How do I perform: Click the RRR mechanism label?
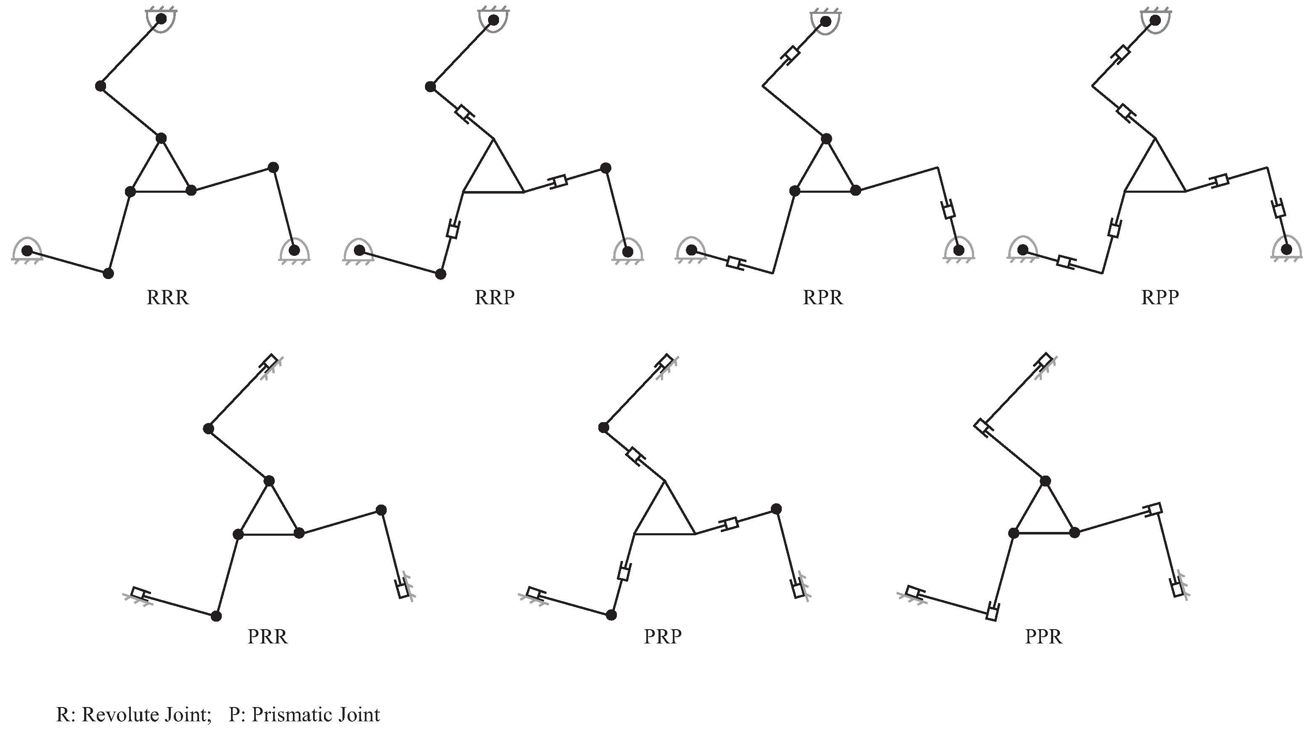168,298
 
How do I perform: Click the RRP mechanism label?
494,298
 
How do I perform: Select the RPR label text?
823,298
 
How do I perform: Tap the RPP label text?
1160,298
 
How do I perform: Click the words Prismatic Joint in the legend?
316,715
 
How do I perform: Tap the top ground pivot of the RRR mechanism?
161,19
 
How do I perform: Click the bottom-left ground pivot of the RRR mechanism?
27,251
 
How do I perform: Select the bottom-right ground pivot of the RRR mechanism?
294,251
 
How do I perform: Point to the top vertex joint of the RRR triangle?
161,138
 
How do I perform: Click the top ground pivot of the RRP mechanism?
493,20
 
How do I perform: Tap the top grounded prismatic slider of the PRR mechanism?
270,362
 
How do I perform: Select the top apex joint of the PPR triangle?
1045,481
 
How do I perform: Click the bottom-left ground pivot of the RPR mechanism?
692,250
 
